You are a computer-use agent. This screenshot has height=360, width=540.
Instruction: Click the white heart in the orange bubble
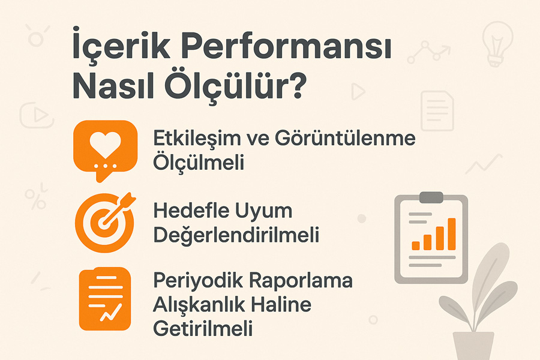[106, 144]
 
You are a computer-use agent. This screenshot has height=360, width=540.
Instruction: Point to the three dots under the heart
[106, 166]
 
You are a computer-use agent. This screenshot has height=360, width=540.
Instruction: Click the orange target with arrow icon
[106, 222]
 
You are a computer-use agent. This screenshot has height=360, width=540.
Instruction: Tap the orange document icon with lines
[105, 299]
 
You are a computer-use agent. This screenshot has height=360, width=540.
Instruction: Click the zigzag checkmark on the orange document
[111, 312]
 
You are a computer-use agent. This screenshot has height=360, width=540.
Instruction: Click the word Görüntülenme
[345, 138]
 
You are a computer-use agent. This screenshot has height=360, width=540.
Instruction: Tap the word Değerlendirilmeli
[236, 236]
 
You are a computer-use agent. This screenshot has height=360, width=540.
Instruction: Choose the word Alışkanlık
[199, 305]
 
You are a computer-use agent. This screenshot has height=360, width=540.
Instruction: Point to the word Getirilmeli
[203, 328]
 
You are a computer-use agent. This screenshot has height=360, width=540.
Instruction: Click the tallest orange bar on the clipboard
[451, 234]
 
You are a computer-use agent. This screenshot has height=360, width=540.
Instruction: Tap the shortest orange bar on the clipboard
[416, 245]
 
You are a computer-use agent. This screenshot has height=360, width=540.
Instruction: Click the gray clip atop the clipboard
[431, 197]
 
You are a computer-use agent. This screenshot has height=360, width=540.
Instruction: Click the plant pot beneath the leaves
[473, 346]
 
